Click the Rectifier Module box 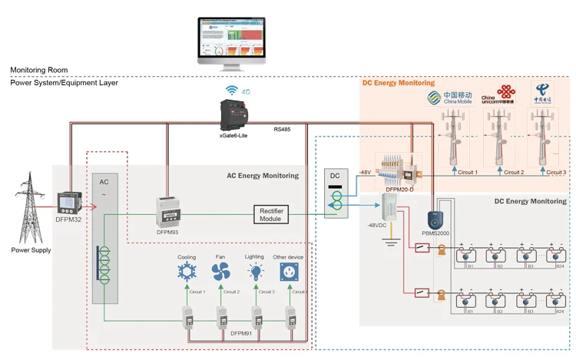coord(272,214)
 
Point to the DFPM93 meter coord(168,210)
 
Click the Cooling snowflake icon coord(187,271)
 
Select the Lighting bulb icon coord(257,271)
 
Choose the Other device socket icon coord(291,271)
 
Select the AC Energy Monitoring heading coord(262,176)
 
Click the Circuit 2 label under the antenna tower coord(511,173)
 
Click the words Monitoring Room coord(34,70)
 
